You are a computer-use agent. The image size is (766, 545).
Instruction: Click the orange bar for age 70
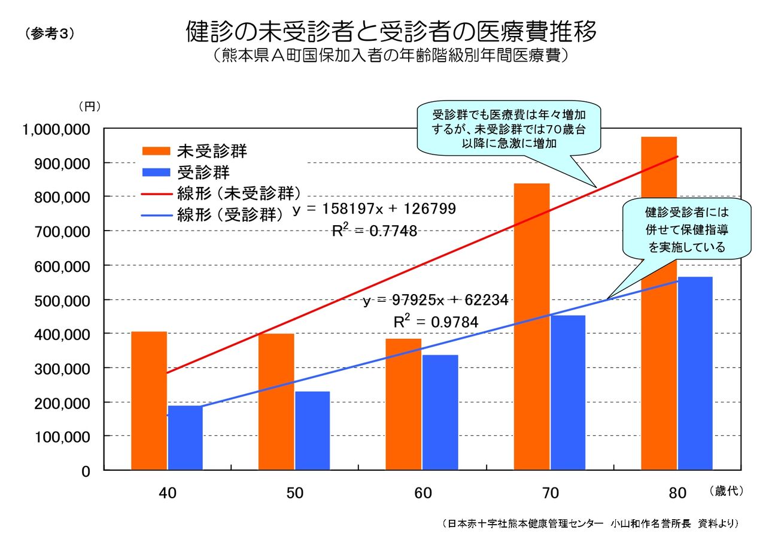click(531, 326)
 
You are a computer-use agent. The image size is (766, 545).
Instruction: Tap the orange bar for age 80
click(659, 302)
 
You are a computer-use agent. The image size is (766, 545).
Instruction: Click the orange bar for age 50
click(276, 401)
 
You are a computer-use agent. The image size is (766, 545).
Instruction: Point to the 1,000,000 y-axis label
click(56, 129)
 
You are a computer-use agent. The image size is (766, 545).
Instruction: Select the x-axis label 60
click(422, 493)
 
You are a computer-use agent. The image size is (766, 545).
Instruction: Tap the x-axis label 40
click(167, 493)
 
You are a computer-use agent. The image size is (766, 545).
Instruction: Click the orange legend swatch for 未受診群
click(156, 151)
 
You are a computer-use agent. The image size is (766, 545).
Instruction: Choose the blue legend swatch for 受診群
click(156, 173)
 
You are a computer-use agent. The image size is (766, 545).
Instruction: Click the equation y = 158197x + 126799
click(374, 209)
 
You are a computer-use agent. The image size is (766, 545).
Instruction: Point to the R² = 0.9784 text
click(436, 322)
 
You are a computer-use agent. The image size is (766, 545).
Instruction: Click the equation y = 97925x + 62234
click(436, 300)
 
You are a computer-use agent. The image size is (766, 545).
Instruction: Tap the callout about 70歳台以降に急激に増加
click(509, 129)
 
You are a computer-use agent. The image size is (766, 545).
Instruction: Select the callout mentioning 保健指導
click(686, 229)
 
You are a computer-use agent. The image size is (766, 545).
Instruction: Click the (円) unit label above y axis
click(89, 107)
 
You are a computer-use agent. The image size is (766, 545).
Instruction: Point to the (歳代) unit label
click(725, 491)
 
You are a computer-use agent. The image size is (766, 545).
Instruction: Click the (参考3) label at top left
click(50, 34)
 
